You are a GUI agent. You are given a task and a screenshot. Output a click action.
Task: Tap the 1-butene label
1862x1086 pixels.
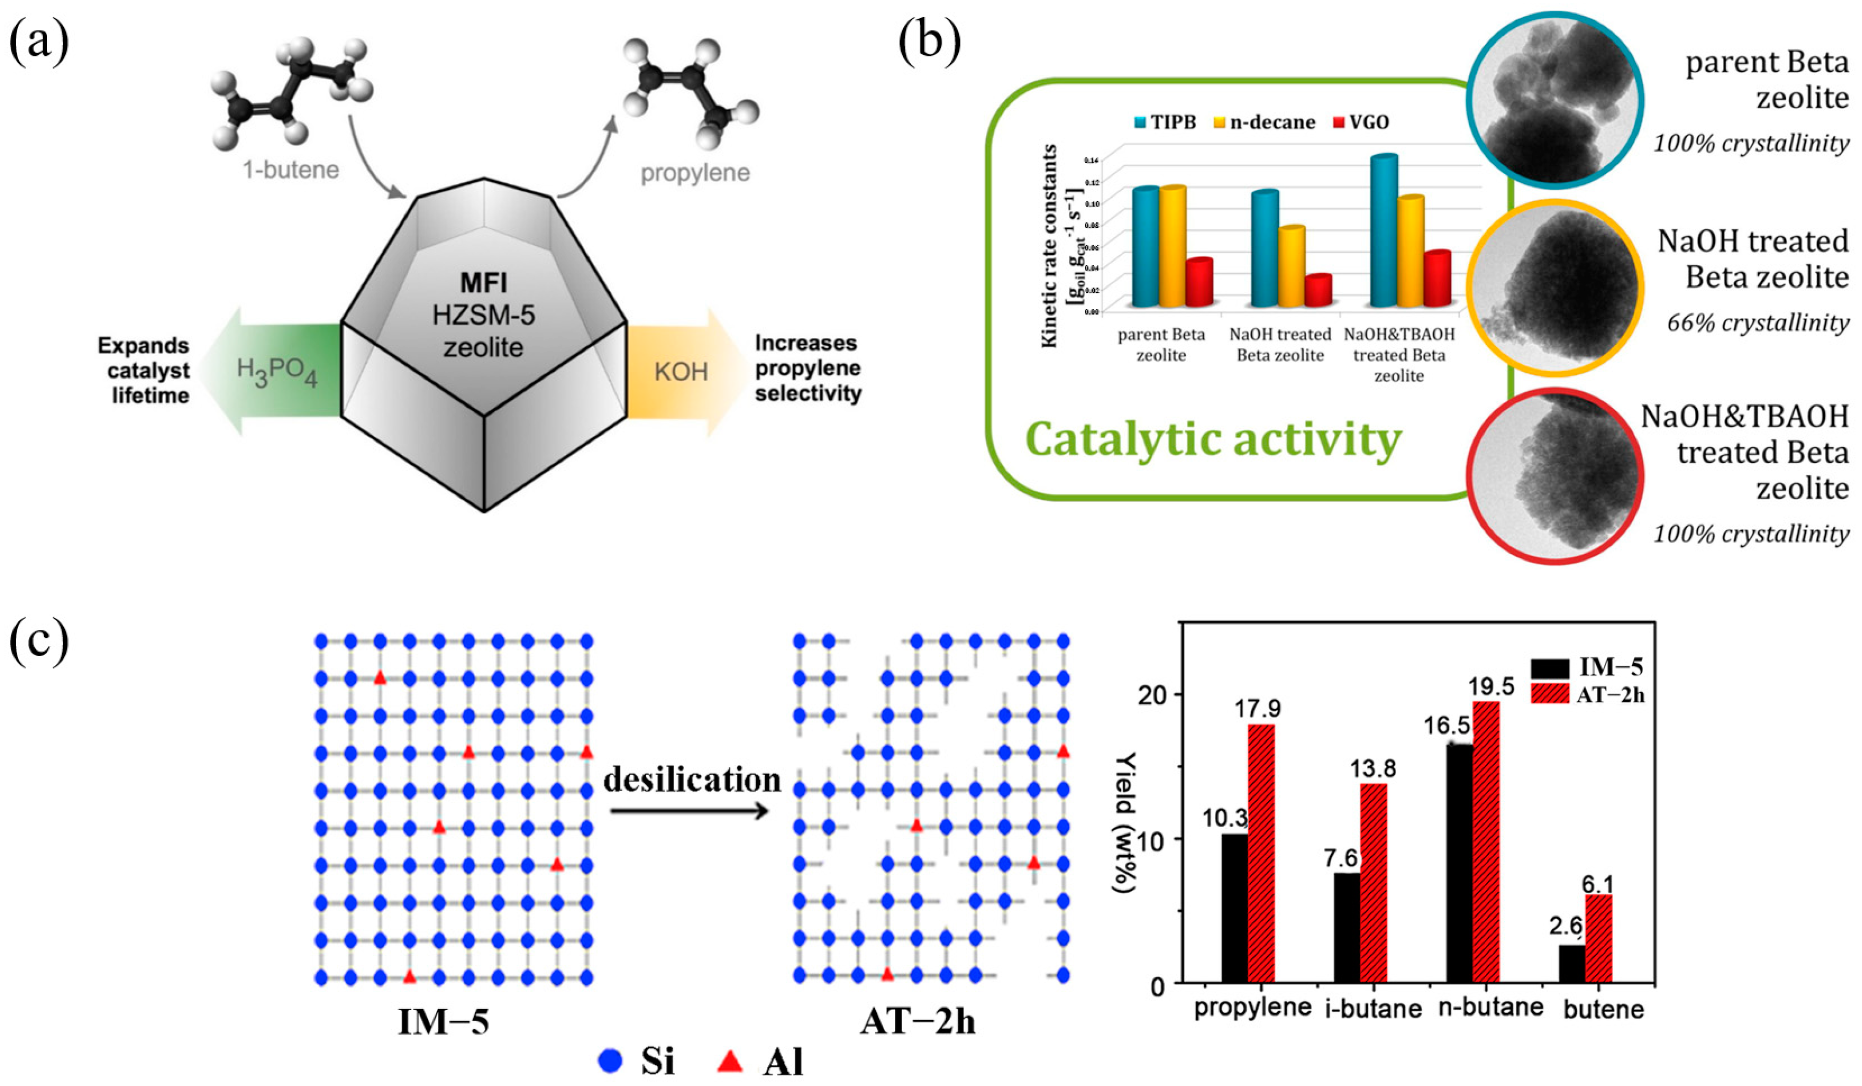[290, 170]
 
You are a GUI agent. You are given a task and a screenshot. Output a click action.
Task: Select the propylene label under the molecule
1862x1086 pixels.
[694, 173]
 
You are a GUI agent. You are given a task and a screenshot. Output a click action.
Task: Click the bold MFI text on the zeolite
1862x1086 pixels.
[483, 282]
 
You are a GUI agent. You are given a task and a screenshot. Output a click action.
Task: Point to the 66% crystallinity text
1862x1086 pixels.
[1757, 323]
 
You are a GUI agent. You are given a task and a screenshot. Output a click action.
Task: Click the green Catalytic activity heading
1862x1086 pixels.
[1213, 440]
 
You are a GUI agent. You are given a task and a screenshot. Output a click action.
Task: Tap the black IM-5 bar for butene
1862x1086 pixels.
[1572, 964]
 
